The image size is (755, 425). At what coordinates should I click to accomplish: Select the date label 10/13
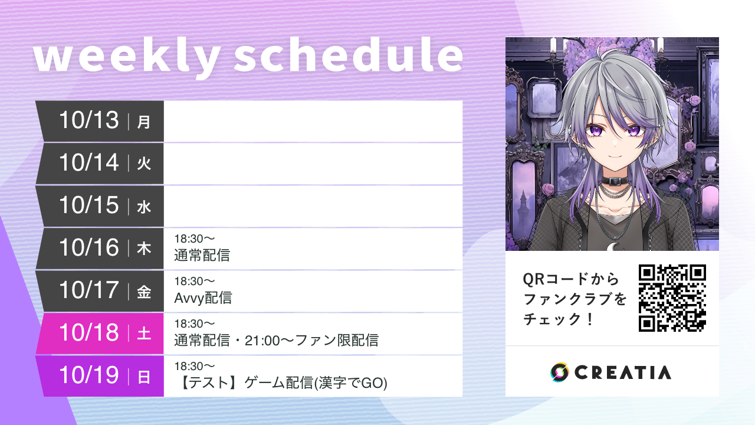pyautogui.click(x=88, y=120)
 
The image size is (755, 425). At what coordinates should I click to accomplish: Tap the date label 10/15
pyautogui.click(x=88, y=205)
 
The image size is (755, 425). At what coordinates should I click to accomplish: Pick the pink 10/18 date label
pyautogui.click(x=88, y=334)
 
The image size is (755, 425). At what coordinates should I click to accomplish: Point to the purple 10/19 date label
pyautogui.click(x=88, y=376)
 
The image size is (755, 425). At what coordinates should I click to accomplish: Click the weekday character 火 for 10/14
pyautogui.click(x=144, y=164)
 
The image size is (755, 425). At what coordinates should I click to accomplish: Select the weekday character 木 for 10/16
pyautogui.click(x=144, y=249)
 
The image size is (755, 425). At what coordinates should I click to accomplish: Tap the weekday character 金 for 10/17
pyautogui.click(x=144, y=292)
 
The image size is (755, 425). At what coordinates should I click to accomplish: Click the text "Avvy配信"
pyautogui.click(x=203, y=298)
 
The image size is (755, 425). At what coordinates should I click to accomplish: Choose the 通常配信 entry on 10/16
pyautogui.click(x=202, y=256)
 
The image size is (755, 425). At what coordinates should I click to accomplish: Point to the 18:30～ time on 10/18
pyautogui.click(x=194, y=323)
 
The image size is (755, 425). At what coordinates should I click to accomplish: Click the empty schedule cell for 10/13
pyautogui.click(x=313, y=121)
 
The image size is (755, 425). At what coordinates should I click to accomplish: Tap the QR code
pyautogui.click(x=672, y=298)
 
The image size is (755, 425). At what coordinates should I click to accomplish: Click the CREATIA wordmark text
pyautogui.click(x=622, y=372)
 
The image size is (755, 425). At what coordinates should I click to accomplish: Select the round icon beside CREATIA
pyautogui.click(x=559, y=372)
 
